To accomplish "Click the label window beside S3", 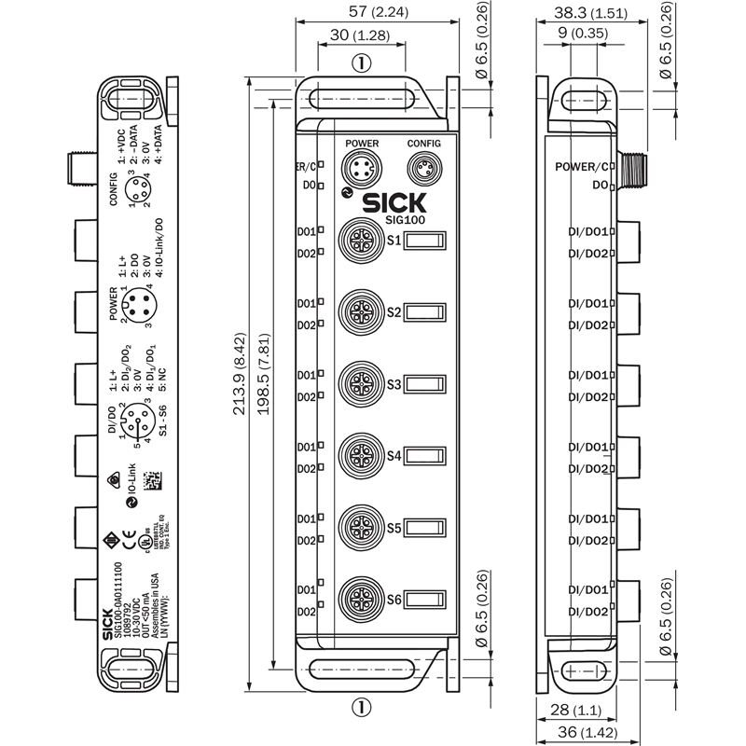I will pyautogui.click(x=425, y=384).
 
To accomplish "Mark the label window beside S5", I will pyautogui.click(x=425, y=528).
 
